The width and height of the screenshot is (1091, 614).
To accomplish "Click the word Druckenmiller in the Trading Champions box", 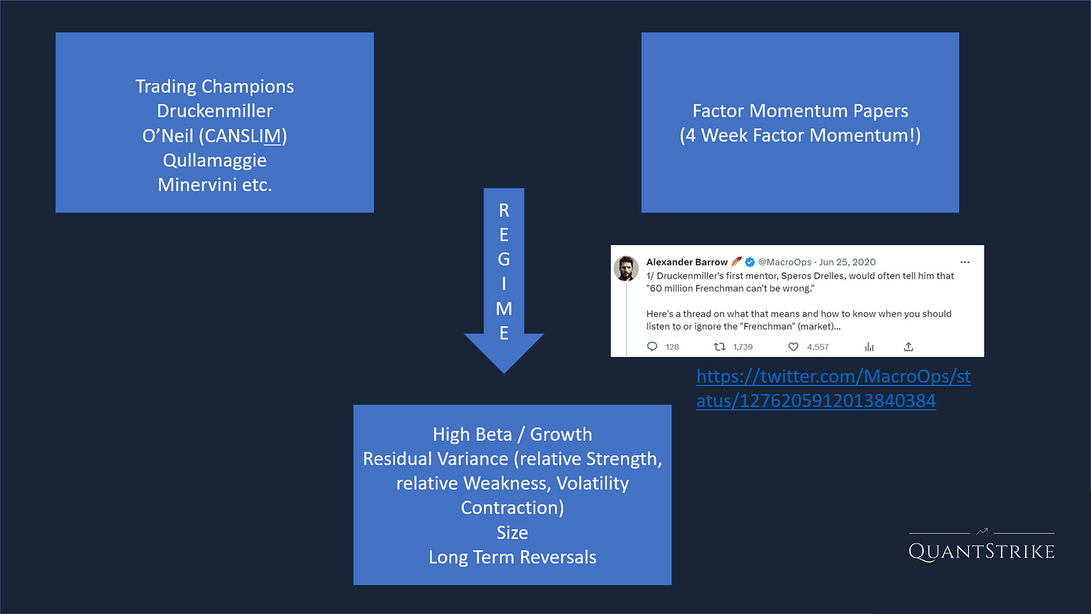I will tap(214, 111).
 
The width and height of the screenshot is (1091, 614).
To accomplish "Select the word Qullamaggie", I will tap(214, 160).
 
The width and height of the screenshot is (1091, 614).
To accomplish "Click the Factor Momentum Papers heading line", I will tap(800, 112).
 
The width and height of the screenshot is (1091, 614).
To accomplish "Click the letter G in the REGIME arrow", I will tap(504, 260).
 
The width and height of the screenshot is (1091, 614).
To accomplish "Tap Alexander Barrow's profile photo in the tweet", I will tap(626, 268).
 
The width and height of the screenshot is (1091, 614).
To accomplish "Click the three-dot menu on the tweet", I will tap(964, 262).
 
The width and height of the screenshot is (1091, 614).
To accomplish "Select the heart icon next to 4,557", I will tap(793, 347).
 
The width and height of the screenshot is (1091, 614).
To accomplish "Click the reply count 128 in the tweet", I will tap(671, 347).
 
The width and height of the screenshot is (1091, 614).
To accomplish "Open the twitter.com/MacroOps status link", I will tap(833, 389).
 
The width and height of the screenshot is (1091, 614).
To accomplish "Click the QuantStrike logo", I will tap(982, 546).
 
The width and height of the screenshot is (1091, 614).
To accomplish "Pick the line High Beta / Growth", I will tap(513, 435).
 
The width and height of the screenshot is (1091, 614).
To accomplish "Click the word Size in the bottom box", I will tap(513, 533).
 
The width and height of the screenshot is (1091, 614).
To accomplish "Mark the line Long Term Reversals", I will tap(513, 558).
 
